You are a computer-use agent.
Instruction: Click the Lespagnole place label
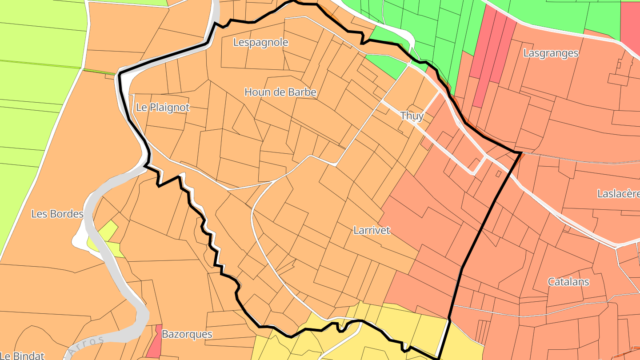(x=261, y=43)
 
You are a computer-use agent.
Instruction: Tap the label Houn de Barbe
(x=280, y=92)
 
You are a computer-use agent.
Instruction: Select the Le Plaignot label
(x=163, y=108)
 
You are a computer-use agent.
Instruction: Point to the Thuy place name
(x=412, y=116)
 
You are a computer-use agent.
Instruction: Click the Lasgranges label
(x=551, y=53)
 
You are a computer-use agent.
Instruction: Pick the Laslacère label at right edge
(x=618, y=194)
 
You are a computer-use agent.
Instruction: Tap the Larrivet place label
(x=372, y=230)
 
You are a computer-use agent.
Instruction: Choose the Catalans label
(x=568, y=282)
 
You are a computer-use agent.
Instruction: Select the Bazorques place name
(x=187, y=334)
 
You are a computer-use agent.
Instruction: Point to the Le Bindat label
(x=22, y=355)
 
